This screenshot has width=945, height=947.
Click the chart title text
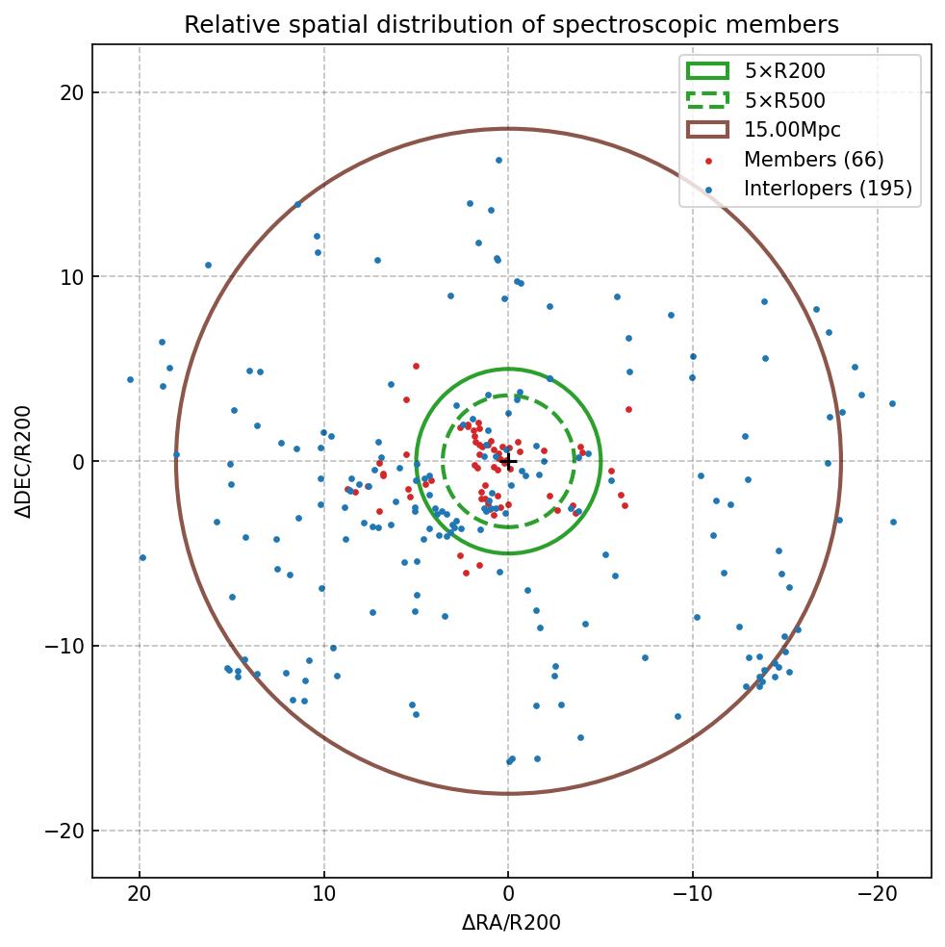pos(511,24)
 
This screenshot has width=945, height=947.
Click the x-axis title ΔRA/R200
pos(511,923)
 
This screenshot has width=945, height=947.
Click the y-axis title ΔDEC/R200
pos(23,461)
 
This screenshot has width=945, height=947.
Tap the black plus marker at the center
pos(508,461)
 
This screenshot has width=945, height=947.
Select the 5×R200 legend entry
pos(784,70)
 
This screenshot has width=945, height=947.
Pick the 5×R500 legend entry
pos(784,100)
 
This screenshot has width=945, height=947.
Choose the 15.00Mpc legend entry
pos(792,130)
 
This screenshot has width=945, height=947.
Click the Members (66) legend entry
pos(813,160)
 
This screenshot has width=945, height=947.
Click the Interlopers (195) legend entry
pos(827,189)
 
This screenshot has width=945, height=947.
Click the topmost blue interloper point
pos(498,160)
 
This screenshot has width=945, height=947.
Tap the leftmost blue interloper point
pos(130,379)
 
